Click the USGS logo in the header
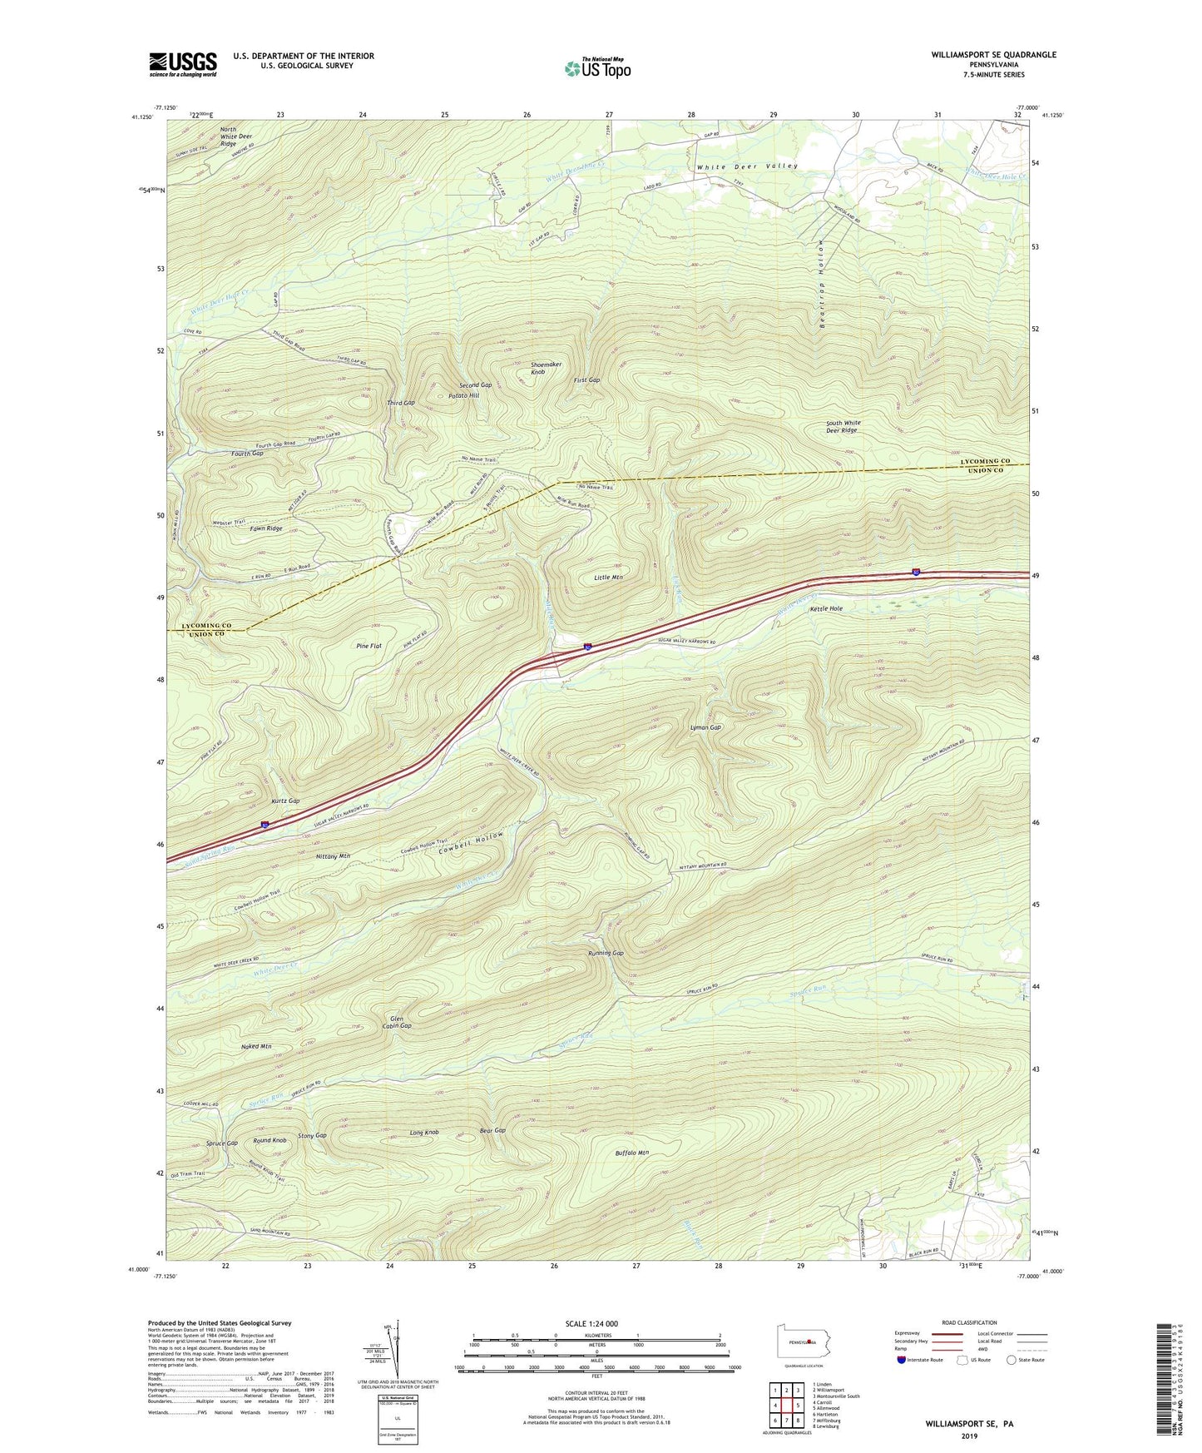[183, 64]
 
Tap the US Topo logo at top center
[596, 68]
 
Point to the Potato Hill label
[463, 395]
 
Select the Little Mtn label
[609, 577]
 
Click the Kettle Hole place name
[826, 608]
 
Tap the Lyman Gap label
[705, 727]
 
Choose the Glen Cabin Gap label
[396, 1022]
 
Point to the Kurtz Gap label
[284, 801]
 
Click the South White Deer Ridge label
[842, 427]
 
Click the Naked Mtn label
[256, 1046]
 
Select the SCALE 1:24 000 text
[596, 1323]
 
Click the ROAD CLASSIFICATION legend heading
[970, 1322]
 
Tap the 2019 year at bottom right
[969, 1436]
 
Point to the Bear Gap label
[493, 1131]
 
